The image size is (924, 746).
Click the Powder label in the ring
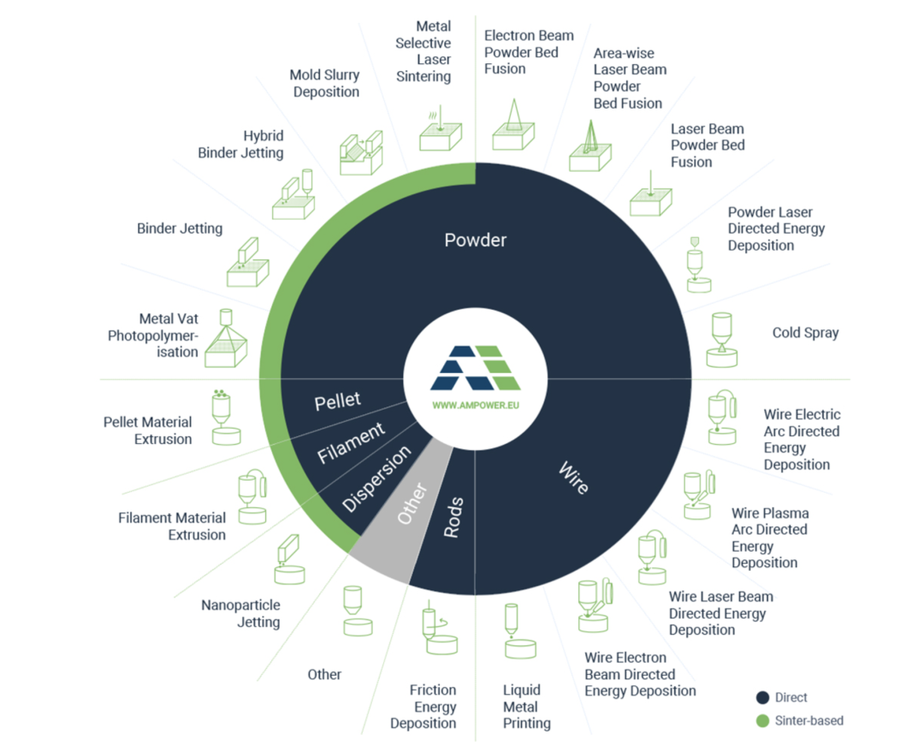coord(476,240)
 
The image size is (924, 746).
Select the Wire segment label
coord(573,477)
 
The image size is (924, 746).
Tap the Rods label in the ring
coord(454,517)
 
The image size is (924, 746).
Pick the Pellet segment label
coord(337,400)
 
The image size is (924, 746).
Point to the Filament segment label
coord(352,442)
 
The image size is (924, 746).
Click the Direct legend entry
coord(790,697)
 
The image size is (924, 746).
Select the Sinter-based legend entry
coord(808,720)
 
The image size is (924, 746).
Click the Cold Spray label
coord(805,333)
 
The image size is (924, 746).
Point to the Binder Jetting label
coord(180,228)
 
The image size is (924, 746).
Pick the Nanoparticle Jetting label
coord(240,613)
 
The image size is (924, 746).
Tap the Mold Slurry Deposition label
coord(324,83)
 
